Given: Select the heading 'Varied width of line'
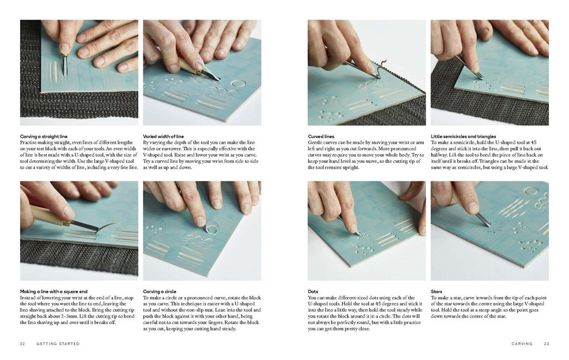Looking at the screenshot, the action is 163,136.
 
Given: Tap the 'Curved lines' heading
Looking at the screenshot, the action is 321,136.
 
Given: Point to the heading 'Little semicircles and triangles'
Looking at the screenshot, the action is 464,136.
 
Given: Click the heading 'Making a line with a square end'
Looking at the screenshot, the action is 54,291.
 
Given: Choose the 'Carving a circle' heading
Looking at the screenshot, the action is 160,291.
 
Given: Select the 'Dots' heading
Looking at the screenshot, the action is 313,291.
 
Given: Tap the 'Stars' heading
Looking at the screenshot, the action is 437,291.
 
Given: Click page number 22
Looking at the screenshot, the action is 22,344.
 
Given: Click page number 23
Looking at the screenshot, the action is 547,344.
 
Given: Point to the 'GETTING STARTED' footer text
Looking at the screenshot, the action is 58,344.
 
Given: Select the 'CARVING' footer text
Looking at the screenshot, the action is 522,344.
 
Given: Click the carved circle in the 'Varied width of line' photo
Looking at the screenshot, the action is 238,84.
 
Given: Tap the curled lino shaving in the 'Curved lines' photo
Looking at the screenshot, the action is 381,68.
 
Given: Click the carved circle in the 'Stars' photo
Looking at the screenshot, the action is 531,191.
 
